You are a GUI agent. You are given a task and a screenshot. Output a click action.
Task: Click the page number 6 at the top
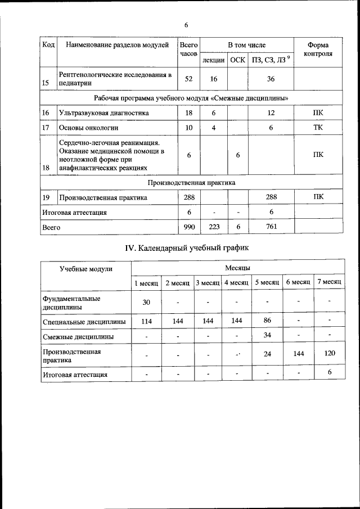pyautogui.click(x=186, y=25)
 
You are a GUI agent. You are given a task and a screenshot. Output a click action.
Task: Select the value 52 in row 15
pyautogui.click(x=188, y=79)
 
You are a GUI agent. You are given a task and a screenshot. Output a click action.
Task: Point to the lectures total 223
pyautogui.click(x=214, y=227)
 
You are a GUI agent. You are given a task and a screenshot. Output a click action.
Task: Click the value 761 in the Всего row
pyautogui.click(x=271, y=227)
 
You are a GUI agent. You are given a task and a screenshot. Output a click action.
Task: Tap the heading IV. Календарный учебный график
pyautogui.click(x=186, y=247)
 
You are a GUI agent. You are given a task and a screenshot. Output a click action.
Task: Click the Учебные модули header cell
pyautogui.click(x=86, y=268)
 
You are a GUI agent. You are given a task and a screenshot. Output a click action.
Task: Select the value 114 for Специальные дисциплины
pyautogui.click(x=146, y=321)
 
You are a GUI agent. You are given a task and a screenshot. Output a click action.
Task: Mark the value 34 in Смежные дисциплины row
pyautogui.click(x=267, y=336)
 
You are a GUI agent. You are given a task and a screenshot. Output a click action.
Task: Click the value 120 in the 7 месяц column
pyautogui.click(x=329, y=353)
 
